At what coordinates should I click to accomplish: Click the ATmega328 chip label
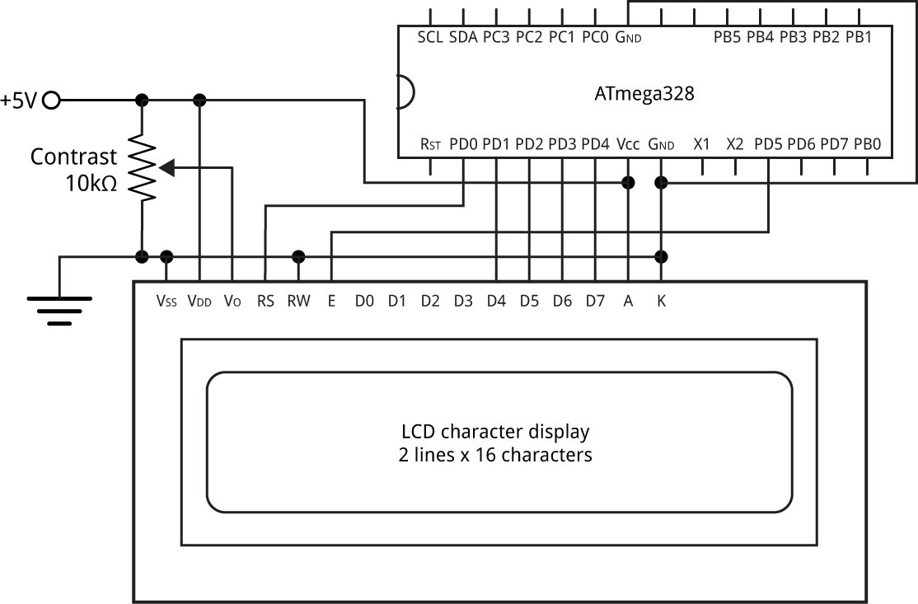coord(644,94)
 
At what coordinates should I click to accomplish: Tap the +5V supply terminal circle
coord(52,101)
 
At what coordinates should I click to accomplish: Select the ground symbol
coord(59,311)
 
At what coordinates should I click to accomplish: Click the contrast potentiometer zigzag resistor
coord(142,167)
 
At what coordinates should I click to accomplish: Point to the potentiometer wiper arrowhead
coord(166,168)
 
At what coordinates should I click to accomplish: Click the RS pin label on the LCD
coord(265,301)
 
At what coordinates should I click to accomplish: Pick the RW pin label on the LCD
coord(298,301)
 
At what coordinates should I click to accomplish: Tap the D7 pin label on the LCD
coord(596,301)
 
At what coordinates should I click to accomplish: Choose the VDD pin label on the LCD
coord(199,301)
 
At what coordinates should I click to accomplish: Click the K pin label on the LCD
coord(661,301)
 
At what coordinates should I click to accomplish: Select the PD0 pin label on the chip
coord(463,144)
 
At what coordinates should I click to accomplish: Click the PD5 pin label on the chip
coord(768,144)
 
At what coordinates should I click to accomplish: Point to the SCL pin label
coord(430,37)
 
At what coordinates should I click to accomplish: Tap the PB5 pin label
coord(727,37)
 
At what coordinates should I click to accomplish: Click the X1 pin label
coord(701,144)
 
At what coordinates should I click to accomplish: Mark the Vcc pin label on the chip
coord(628,144)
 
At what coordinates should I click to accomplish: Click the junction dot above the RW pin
coord(298,256)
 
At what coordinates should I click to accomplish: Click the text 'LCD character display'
coord(495,431)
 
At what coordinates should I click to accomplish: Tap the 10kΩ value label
coord(91,184)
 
